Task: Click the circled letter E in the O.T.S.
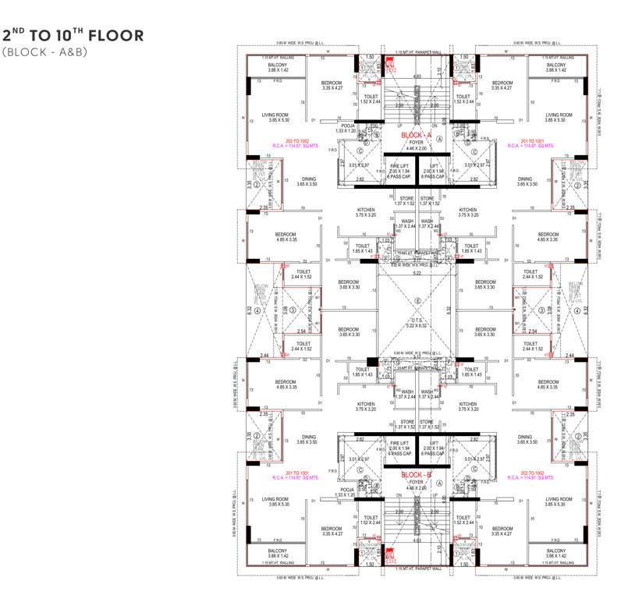pos(418,301)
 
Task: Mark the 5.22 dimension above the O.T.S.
pos(417,274)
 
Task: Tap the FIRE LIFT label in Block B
pos(399,442)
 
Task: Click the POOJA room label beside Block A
pos(348,126)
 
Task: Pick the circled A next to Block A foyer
pos(440,137)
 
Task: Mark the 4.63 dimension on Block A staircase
pos(417,76)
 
